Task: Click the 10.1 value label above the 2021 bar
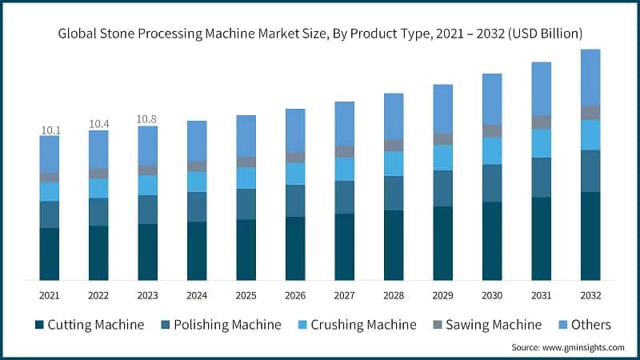click(50, 130)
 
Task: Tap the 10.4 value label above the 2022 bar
click(99, 124)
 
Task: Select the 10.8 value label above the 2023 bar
click(148, 119)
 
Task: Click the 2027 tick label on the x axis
click(345, 295)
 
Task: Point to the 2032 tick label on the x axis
click(590, 295)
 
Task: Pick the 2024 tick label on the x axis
click(197, 295)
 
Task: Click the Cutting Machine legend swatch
click(38, 325)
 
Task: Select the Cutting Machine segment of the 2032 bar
click(590, 236)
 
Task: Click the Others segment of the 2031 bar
click(542, 88)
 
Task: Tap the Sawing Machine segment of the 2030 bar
click(492, 130)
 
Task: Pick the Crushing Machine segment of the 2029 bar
click(443, 158)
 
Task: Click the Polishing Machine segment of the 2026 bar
click(295, 200)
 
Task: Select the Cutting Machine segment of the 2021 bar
click(50, 254)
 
